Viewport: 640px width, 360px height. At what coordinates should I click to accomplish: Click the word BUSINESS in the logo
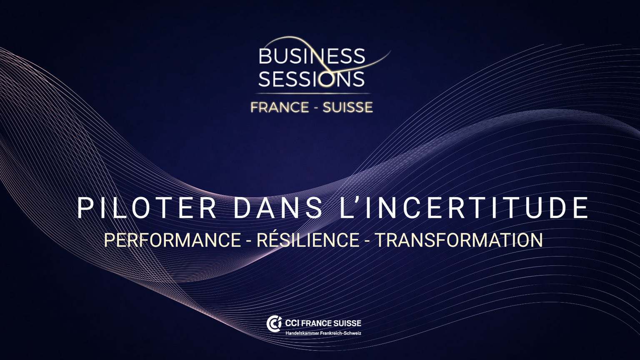click(312, 56)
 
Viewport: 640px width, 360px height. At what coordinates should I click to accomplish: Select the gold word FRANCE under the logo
click(280, 107)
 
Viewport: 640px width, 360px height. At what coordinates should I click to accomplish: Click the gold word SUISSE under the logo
click(348, 107)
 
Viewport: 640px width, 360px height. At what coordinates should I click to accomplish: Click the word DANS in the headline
click(278, 208)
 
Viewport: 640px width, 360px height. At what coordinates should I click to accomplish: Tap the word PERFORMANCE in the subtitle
click(172, 240)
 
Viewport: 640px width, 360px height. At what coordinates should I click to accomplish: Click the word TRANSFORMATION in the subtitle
click(459, 240)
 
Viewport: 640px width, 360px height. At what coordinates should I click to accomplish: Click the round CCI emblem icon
click(274, 324)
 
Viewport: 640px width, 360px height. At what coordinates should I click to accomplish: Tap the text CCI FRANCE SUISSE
click(323, 323)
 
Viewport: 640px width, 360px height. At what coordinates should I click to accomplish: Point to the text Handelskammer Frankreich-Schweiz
click(323, 333)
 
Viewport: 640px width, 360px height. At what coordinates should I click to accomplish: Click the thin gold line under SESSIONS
click(313, 93)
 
